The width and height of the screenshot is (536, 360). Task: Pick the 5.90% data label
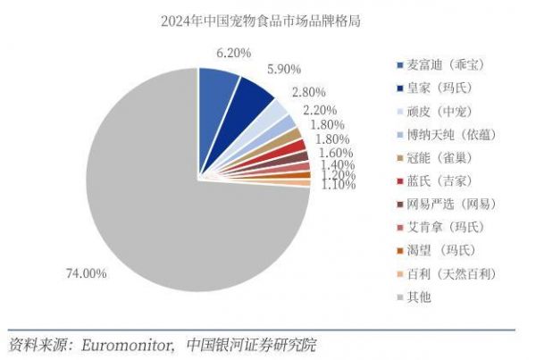coord(283,68)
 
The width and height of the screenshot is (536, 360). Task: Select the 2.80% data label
coord(309,92)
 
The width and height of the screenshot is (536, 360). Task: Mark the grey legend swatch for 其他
coord(399,297)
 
